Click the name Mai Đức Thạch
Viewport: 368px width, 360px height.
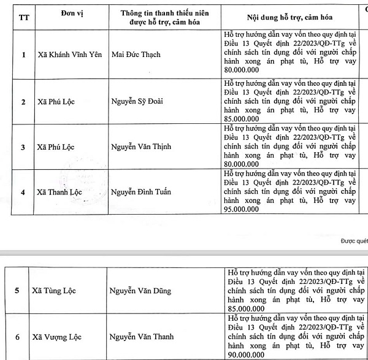click(136, 55)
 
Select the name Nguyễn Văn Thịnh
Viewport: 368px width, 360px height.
click(142, 147)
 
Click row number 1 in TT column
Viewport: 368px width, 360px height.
click(23, 55)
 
